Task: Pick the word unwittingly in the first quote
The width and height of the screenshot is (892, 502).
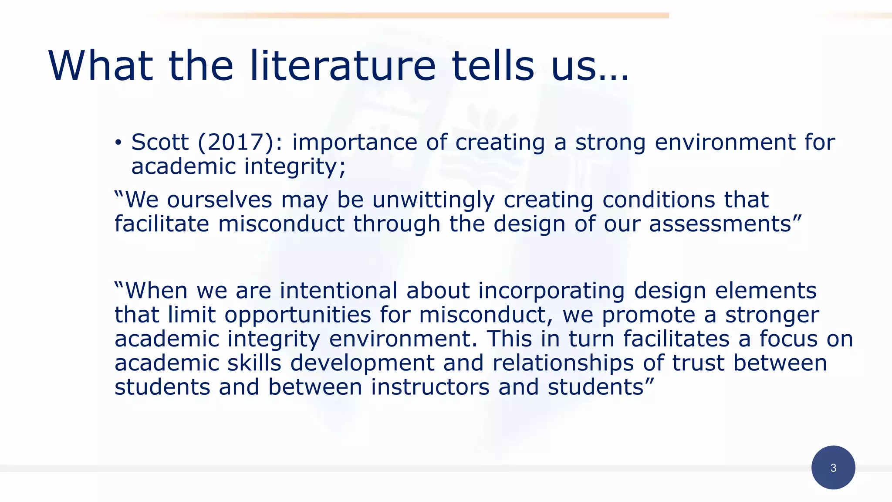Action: [x=433, y=200]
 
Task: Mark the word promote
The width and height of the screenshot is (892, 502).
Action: [x=649, y=315]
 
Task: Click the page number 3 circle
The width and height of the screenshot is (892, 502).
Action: [x=833, y=468]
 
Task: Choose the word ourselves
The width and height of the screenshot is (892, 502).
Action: [x=220, y=200]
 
